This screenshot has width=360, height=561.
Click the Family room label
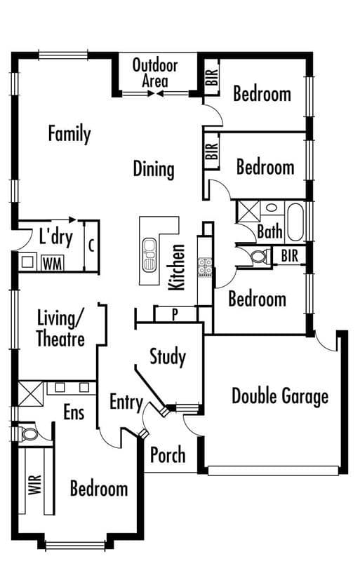(69, 134)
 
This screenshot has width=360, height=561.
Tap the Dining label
(154, 169)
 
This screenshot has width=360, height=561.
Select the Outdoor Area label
(155, 73)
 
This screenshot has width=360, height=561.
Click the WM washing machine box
(53, 263)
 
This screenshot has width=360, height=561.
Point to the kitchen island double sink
(149, 255)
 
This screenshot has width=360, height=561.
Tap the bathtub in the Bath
(295, 222)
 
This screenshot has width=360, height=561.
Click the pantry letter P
(175, 314)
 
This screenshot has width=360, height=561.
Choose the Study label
(168, 357)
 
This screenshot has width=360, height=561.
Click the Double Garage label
(280, 396)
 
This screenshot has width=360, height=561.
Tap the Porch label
(168, 454)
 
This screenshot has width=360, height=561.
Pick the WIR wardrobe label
(35, 485)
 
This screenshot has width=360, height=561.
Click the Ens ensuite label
(74, 412)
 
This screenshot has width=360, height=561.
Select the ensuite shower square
(30, 393)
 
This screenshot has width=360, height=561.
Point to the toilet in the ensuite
(29, 434)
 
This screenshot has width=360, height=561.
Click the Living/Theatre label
(60, 328)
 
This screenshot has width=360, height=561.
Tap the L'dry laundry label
(56, 236)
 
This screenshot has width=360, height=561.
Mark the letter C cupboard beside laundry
(92, 246)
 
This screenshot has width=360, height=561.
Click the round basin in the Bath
(271, 208)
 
